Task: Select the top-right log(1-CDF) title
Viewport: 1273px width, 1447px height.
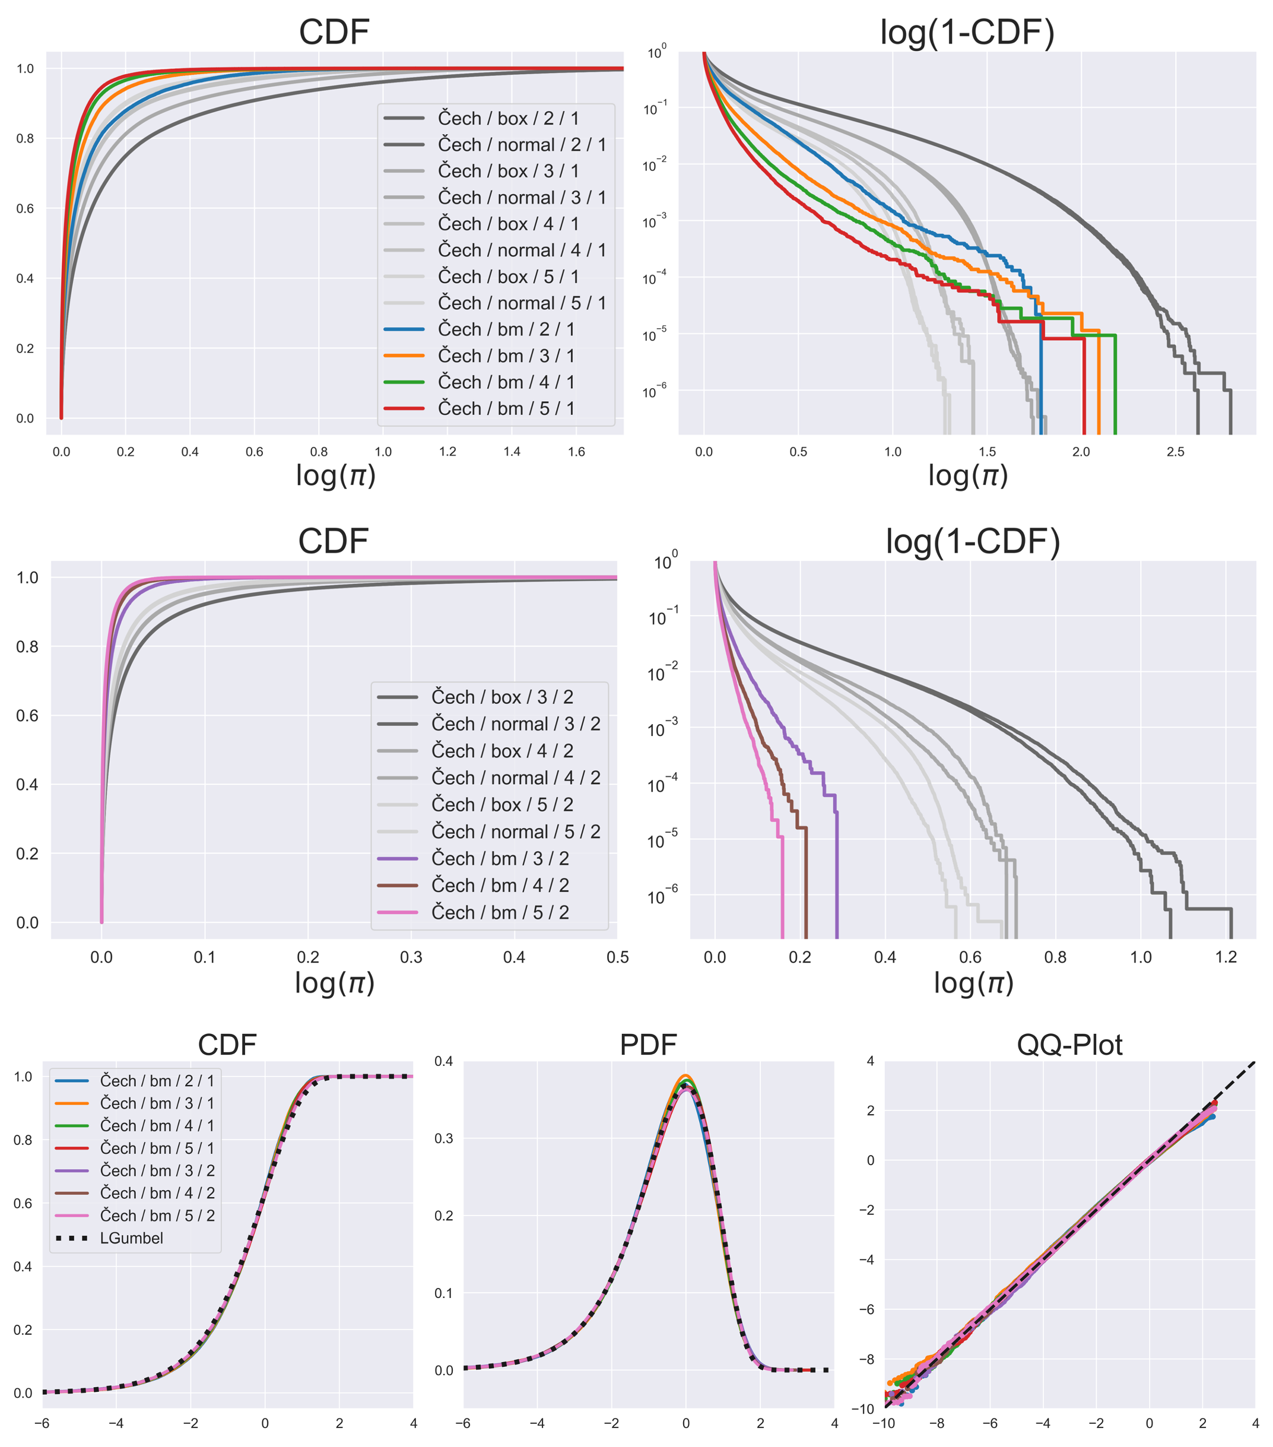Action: coord(967,33)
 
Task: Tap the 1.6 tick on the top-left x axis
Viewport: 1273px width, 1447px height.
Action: coord(576,452)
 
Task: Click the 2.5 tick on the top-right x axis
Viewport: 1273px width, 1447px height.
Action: coord(1175,452)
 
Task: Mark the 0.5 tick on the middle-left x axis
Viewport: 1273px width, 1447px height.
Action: coord(617,957)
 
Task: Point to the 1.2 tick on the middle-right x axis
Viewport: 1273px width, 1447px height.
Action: coord(1226,957)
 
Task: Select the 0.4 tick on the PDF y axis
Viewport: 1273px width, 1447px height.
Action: coord(444,1061)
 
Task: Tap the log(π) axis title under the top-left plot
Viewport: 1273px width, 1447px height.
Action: coord(335,476)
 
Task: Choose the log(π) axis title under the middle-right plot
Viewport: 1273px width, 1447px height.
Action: coord(973,983)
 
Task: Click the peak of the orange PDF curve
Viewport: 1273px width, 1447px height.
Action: coord(685,1076)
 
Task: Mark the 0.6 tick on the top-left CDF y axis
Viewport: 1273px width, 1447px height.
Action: coord(26,209)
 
